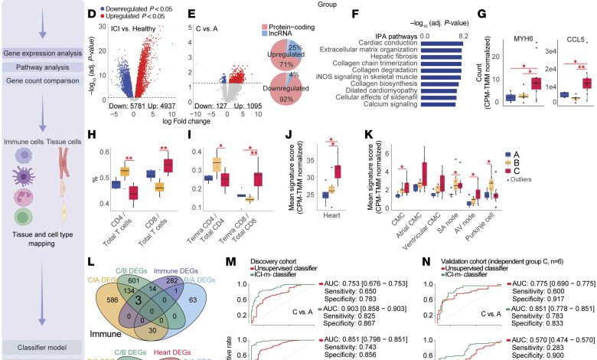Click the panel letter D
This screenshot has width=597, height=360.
click(x=93, y=13)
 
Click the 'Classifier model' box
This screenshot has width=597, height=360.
click(x=43, y=347)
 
